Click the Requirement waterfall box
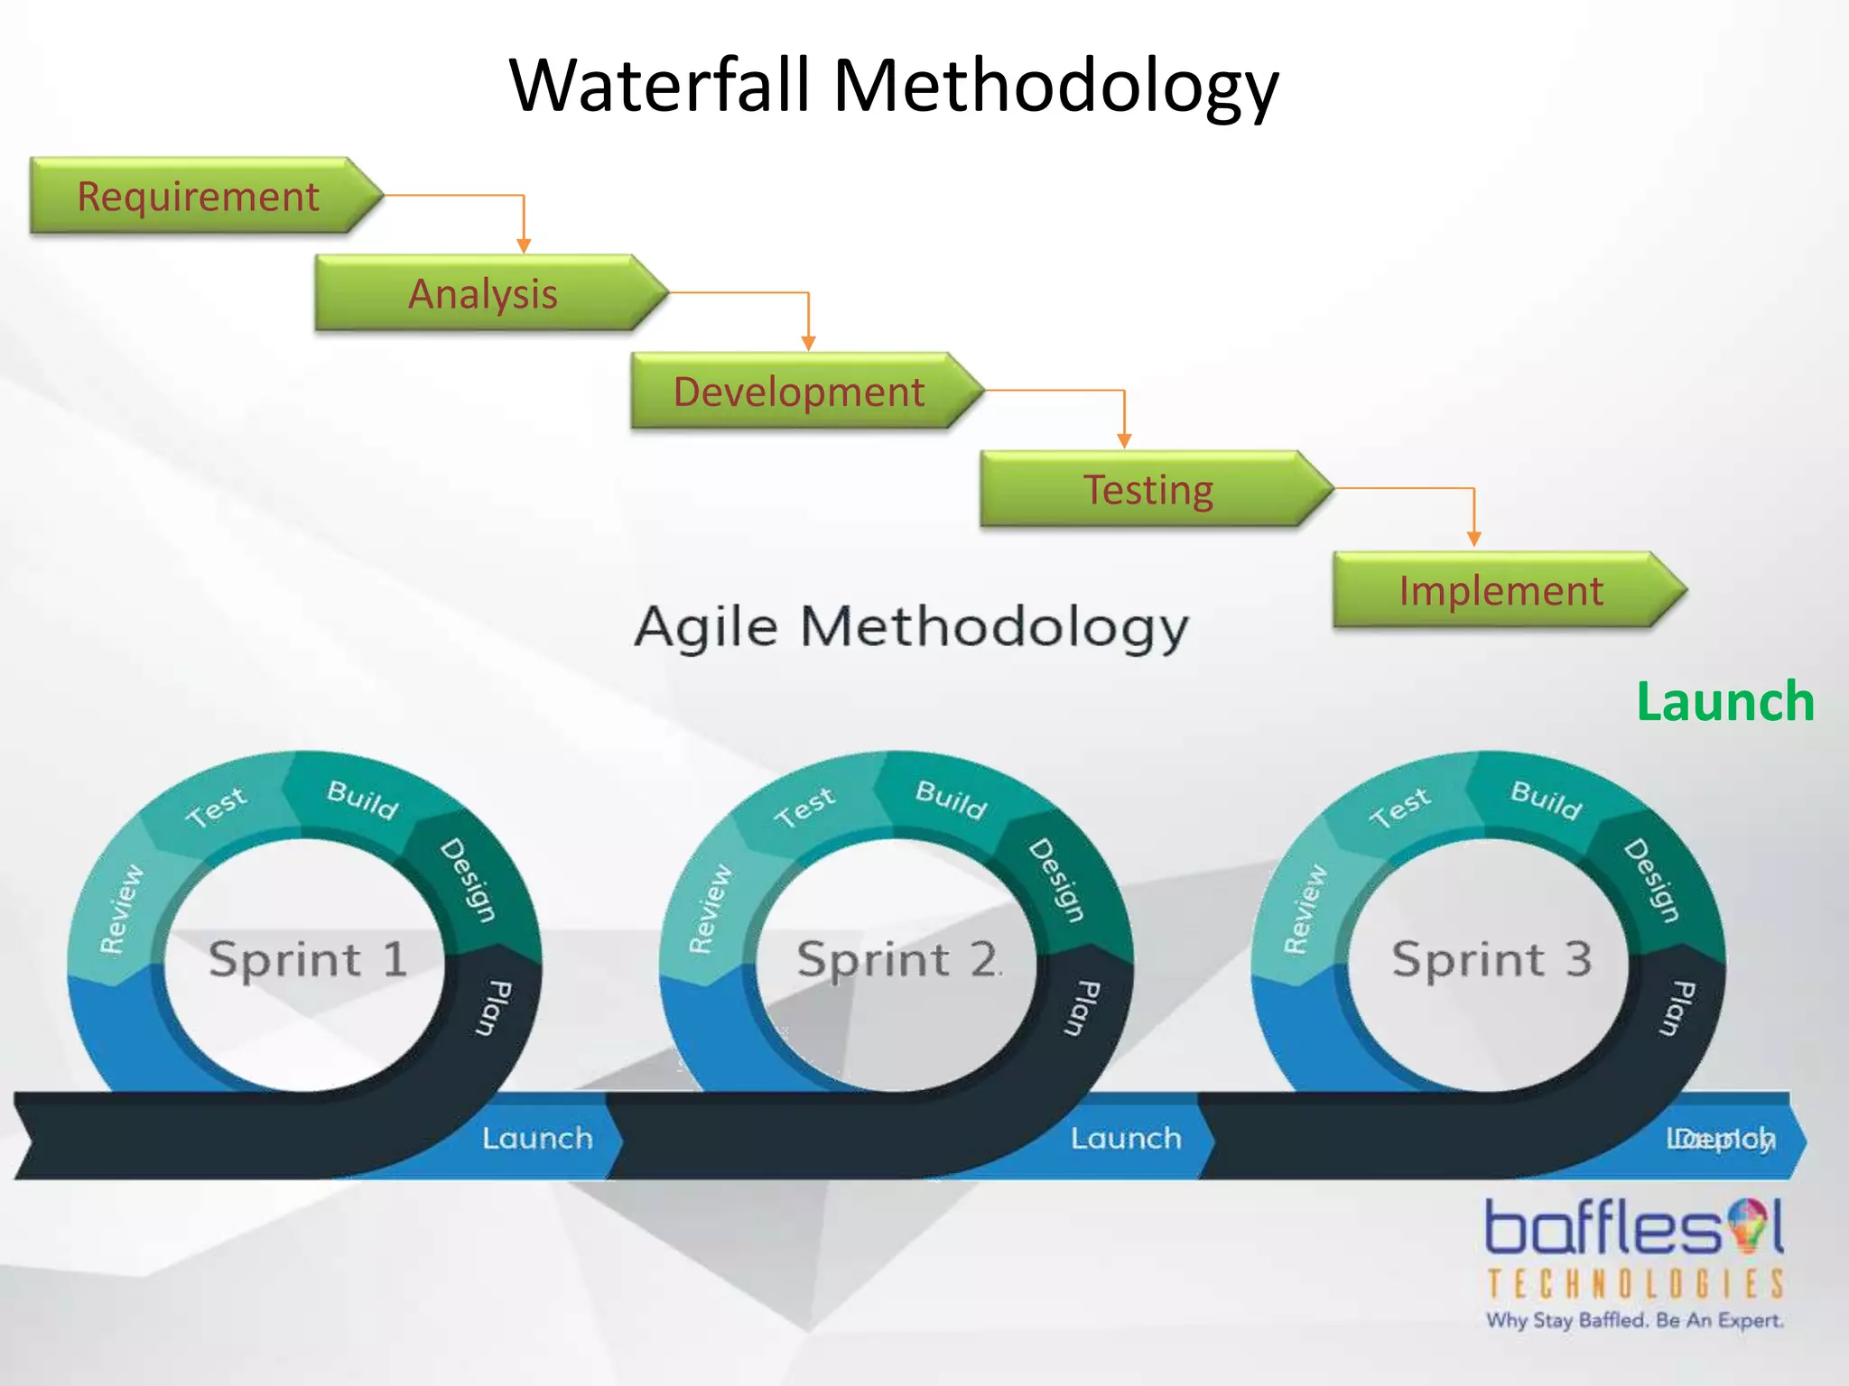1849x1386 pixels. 199,197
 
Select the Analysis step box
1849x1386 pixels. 483,294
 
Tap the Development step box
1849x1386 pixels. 798,392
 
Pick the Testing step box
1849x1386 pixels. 1147,490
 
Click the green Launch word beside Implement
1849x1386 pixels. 1724,702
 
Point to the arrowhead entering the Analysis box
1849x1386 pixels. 524,245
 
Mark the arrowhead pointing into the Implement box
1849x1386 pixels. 1474,539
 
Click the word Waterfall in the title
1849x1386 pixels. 659,86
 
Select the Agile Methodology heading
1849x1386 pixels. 912,627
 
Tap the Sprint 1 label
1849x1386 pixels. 307,958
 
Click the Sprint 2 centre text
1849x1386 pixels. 898,958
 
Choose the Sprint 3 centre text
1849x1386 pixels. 1491,958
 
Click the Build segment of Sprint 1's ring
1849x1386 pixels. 362,799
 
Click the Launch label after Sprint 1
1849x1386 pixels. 537,1139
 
